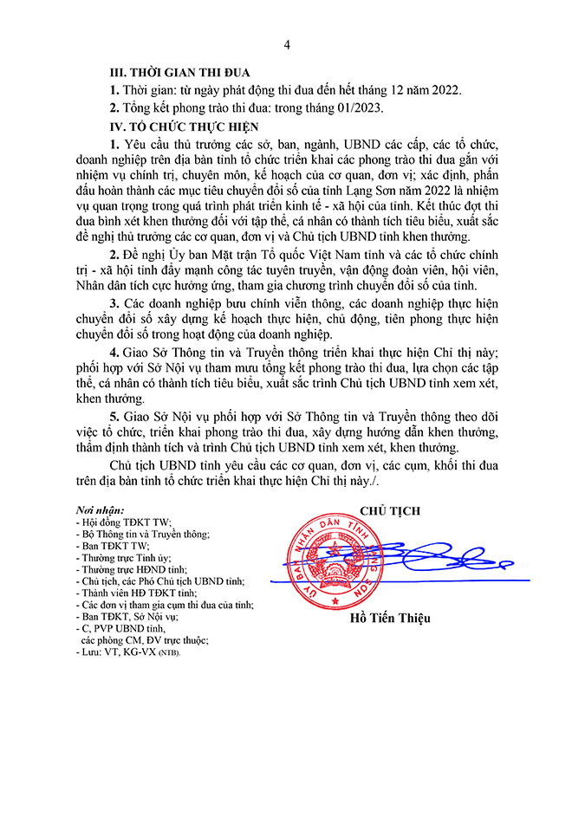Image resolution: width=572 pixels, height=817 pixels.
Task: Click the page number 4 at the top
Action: (x=287, y=43)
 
